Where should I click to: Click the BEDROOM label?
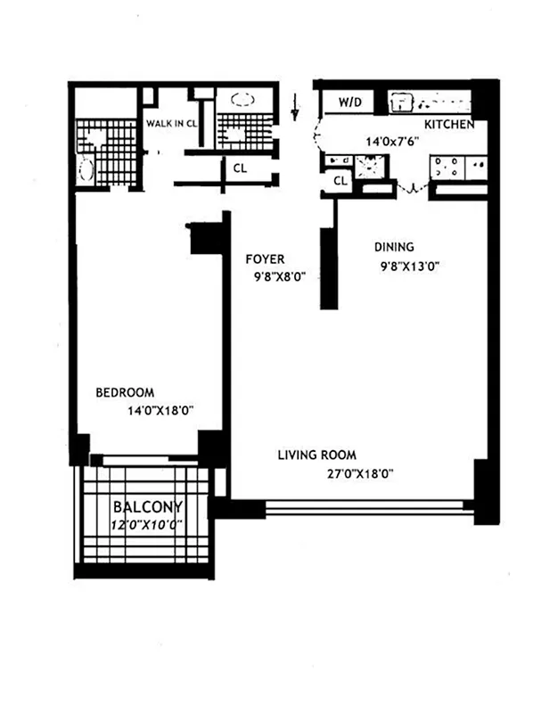click(125, 392)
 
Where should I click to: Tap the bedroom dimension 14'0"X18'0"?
click(161, 411)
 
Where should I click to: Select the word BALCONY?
click(143, 509)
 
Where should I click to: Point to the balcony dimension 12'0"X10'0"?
click(146, 525)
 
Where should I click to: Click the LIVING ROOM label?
click(316, 455)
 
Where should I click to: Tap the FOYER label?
click(265, 259)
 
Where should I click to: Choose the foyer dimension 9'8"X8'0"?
click(280, 277)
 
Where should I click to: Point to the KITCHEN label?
click(448, 125)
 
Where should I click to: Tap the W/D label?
click(349, 102)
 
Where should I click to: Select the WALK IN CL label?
click(171, 124)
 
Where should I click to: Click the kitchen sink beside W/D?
click(403, 102)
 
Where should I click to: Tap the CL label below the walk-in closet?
click(240, 167)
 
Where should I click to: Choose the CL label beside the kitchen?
click(340, 181)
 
